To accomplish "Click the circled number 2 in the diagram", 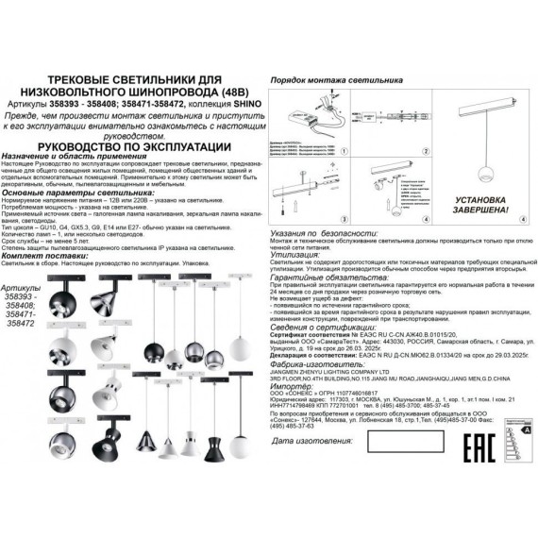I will [x=425, y=150].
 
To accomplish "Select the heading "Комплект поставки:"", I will [x=67, y=254].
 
